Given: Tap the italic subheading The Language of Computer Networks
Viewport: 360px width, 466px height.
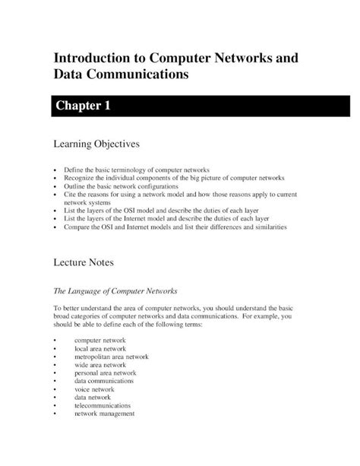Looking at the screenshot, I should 114,290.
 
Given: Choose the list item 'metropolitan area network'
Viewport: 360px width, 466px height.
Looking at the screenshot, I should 111,357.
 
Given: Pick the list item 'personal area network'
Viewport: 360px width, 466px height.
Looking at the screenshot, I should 105,373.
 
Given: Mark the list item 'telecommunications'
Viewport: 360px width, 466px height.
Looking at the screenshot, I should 103,406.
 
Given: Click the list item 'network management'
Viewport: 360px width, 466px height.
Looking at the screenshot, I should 104,414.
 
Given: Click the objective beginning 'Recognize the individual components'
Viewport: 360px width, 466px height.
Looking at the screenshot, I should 174,177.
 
